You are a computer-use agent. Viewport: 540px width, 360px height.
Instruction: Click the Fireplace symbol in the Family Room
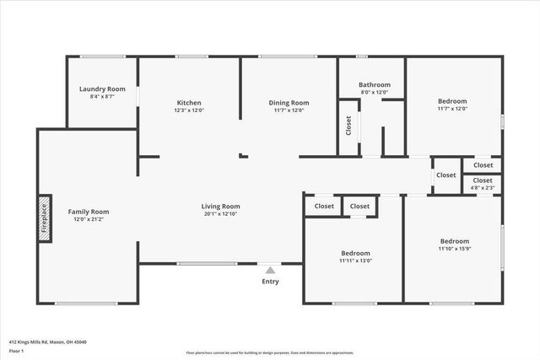click(x=44, y=221)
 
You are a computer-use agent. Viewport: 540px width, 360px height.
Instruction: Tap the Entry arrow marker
click(x=270, y=271)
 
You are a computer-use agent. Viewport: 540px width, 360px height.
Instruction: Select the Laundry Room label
click(x=102, y=89)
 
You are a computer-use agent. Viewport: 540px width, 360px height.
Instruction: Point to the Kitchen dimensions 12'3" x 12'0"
click(x=189, y=110)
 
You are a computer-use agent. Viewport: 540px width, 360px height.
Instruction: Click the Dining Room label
click(x=288, y=102)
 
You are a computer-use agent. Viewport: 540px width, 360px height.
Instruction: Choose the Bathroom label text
click(x=374, y=84)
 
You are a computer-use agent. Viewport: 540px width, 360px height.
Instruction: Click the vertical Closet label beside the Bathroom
click(x=348, y=126)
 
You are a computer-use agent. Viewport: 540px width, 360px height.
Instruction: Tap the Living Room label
click(x=220, y=206)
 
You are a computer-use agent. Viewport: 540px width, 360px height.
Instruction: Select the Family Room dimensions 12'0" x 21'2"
click(x=89, y=219)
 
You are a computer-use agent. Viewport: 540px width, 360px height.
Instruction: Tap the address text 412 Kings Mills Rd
click(x=47, y=341)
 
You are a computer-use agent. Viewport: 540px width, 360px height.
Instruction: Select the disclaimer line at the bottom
click(x=270, y=351)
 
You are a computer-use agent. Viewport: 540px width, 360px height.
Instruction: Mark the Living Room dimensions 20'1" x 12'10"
click(x=220, y=213)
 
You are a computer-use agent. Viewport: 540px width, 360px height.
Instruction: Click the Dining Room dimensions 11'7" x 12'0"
click(x=288, y=110)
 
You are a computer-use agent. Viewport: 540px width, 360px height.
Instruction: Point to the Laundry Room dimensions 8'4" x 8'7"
click(x=102, y=97)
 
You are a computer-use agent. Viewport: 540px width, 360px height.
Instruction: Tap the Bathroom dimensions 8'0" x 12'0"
click(x=374, y=92)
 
